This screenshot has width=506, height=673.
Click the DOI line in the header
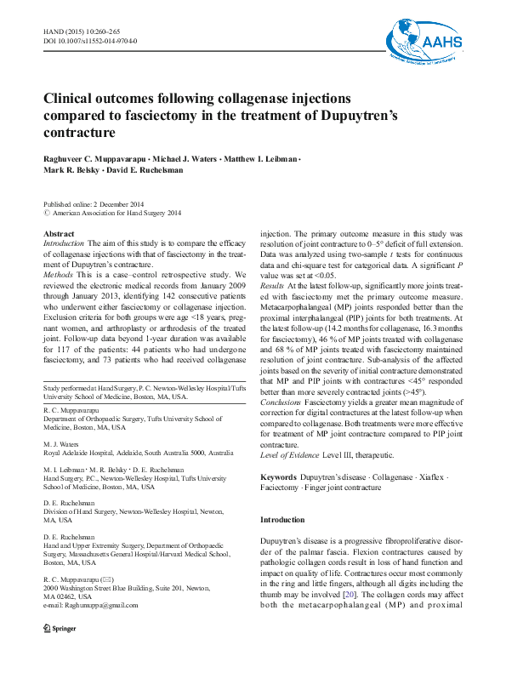(x=90, y=41)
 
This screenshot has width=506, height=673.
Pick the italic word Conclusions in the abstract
(x=280, y=402)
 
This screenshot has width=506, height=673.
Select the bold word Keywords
(x=278, y=479)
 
